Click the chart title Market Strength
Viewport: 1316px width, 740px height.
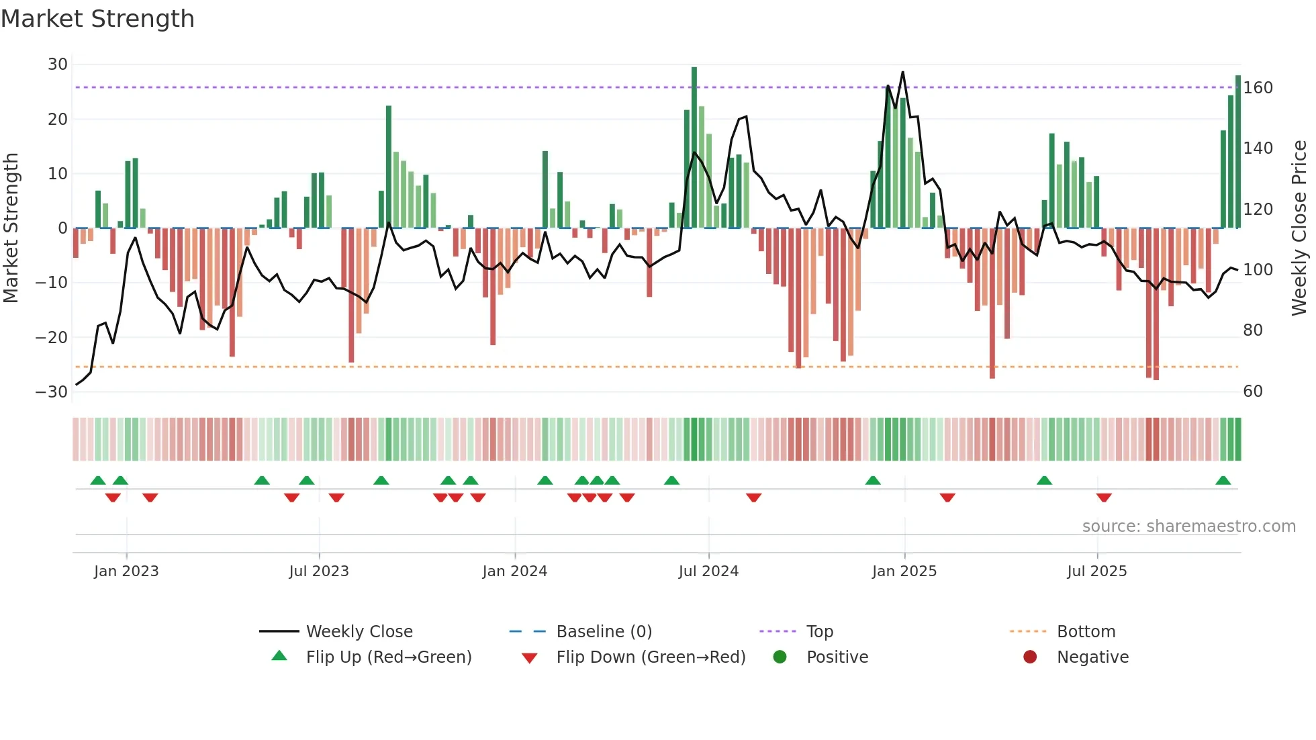(97, 19)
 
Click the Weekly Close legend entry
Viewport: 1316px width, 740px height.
(359, 631)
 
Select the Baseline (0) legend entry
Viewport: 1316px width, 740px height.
(604, 631)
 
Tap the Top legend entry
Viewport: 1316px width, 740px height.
(819, 631)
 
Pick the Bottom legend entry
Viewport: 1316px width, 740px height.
(1086, 631)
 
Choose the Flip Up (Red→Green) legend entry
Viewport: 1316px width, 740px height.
(388, 657)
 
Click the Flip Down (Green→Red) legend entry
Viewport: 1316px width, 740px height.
(651, 657)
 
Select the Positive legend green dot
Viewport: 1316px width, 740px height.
(780, 657)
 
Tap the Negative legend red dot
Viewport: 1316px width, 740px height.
(1030, 657)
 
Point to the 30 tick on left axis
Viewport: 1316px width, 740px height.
(58, 64)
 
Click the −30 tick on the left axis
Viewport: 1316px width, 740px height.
(52, 391)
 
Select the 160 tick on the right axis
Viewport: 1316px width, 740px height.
(1258, 88)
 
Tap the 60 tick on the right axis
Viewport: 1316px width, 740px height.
(1253, 391)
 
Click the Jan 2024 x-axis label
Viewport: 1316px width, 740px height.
(514, 571)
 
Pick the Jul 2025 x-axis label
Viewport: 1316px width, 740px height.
(1096, 571)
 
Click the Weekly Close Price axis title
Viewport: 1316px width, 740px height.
(1299, 228)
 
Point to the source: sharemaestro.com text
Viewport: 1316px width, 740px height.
(1188, 526)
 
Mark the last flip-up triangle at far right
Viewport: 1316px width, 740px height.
(1223, 481)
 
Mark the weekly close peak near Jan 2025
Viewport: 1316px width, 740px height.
(902, 73)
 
